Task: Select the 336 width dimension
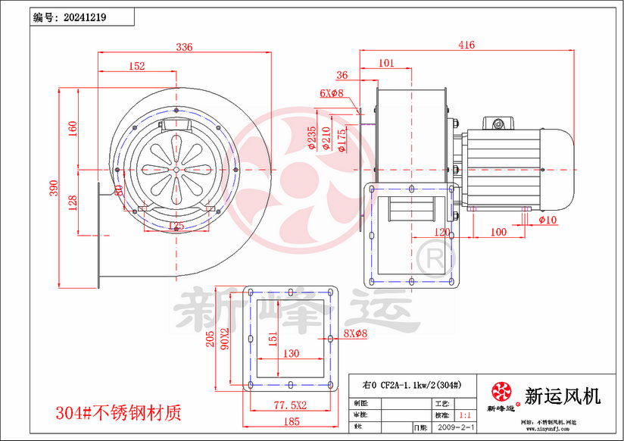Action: [x=184, y=47]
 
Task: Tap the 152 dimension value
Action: [x=136, y=67]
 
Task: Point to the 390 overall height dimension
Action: [x=54, y=189]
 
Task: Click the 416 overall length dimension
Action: [x=466, y=45]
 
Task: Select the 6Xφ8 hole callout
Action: [x=332, y=93]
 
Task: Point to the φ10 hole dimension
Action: [x=548, y=220]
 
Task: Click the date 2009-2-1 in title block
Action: [x=457, y=428]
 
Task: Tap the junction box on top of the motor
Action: [x=499, y=123]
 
